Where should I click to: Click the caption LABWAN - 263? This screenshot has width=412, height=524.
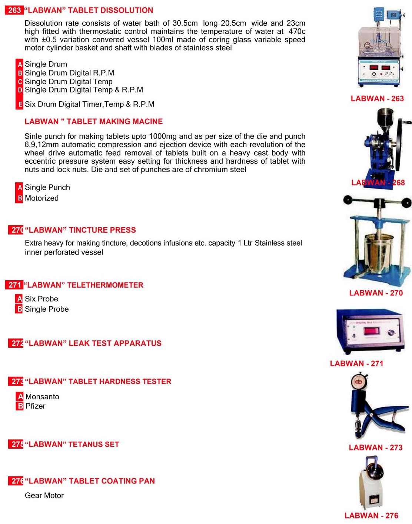[x=377, y=99]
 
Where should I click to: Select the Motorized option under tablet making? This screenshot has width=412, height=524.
[x=41, y=198]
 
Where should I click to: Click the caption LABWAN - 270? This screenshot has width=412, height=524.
[x=376, y=293]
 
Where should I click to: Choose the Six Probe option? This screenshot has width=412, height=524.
[x=41, y=299]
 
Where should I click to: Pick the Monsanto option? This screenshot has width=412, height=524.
[x=42, y=397]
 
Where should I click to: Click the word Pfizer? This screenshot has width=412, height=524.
[x=36, y=406]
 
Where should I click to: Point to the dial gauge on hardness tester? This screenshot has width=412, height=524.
[x=358, y=381]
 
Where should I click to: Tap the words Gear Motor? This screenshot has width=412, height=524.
[x=44, y=495]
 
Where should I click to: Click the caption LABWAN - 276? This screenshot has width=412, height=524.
[x=371, y=515]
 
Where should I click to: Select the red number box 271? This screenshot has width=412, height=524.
[x=14, y=285]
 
